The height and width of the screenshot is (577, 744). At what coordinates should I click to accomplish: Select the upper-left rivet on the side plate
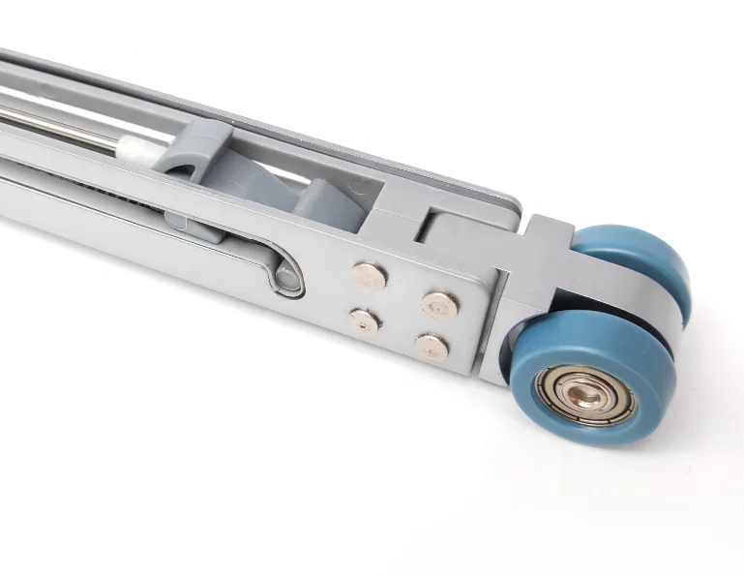(x=369, y=276)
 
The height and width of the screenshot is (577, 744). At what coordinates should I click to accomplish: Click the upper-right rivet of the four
(x=439, y=306)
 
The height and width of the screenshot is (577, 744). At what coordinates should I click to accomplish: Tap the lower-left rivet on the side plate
(x=364, y=321)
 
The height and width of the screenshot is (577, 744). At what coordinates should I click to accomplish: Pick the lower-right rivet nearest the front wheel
(x=432, y=347)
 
